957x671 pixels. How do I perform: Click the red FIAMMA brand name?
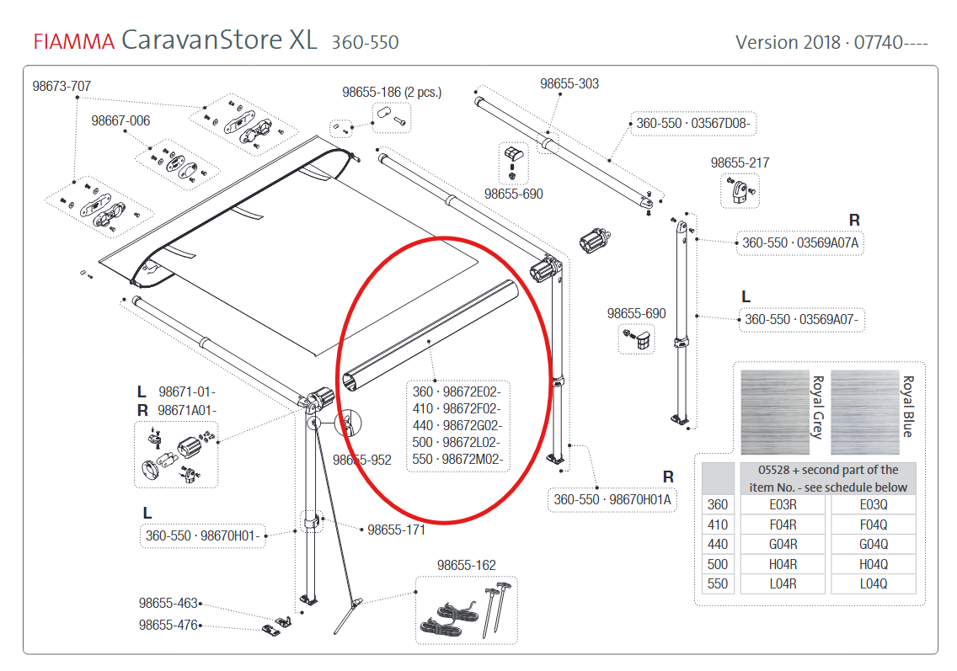pyautogui.click(x=73, y=41)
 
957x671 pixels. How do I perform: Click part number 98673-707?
pyautogui.click(x=61, y=86)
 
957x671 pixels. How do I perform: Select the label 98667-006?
pyautogui.click(x=120, y=121)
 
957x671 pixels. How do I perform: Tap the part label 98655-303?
pyautogui.click(x=569, y=83)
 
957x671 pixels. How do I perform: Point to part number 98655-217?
pyautogui.click(x=740, y=163)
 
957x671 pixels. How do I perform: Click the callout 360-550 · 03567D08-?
pyautogui.click(x=692, y=124)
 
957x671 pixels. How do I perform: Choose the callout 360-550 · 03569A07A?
pyautogui.click(x=800, y=243)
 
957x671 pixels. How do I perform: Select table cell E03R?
pyautogui.click(x=783, y=504)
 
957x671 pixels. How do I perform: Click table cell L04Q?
pyautogui.click(x=873, y=583)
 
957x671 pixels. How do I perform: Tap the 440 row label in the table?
pyautogui.click(x=718, y=544)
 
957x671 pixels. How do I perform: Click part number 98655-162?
pyautogui.click(x=466, y=565)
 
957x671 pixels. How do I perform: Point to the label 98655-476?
pyautogui.click(x=168, y=626)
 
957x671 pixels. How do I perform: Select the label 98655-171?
pyautogui.click(x=396, y=530)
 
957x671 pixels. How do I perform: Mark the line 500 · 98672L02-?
pyautogui.click(x=457, y=442)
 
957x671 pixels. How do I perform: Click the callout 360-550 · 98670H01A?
pyautogui.click(x=612, y=499)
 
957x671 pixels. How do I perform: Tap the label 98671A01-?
pyautogui.click(x=187, y=410)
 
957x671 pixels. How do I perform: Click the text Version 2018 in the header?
pyautogui.click(x=786, y=41)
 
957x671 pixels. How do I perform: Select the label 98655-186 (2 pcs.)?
pyautogui.click(x=392, y=92)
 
